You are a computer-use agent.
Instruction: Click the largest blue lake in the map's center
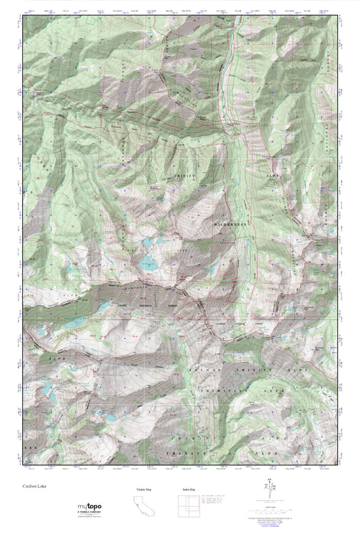(x=148, y=264)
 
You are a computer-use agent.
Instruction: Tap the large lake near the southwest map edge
(x=47, y=388)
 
